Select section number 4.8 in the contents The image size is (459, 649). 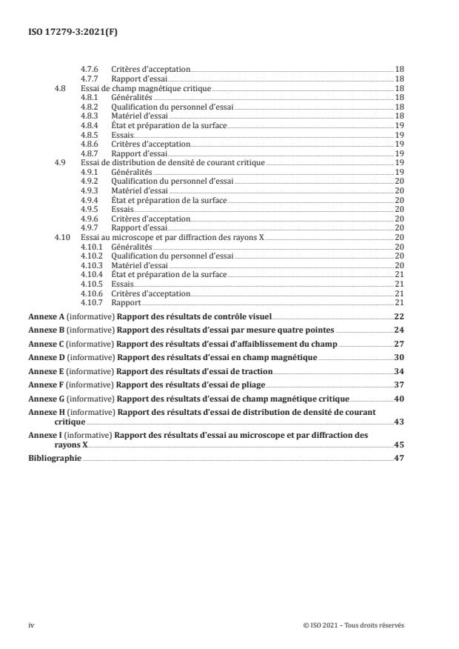click(61, 87)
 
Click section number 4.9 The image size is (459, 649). click(61, 162)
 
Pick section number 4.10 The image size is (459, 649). click(62, 236)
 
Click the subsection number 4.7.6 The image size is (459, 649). click(90, 69)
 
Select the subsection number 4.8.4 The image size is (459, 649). click(90, 124)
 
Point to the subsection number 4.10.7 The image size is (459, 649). click(93, 302)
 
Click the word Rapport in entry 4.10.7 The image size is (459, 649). click(127, 302)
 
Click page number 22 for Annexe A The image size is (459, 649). click(398, 316)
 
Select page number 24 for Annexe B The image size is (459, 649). click(398, 330)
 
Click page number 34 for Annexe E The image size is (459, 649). click(398, 371)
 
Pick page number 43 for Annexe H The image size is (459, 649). click(398, 422)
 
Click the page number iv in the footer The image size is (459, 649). click(31, 625)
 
